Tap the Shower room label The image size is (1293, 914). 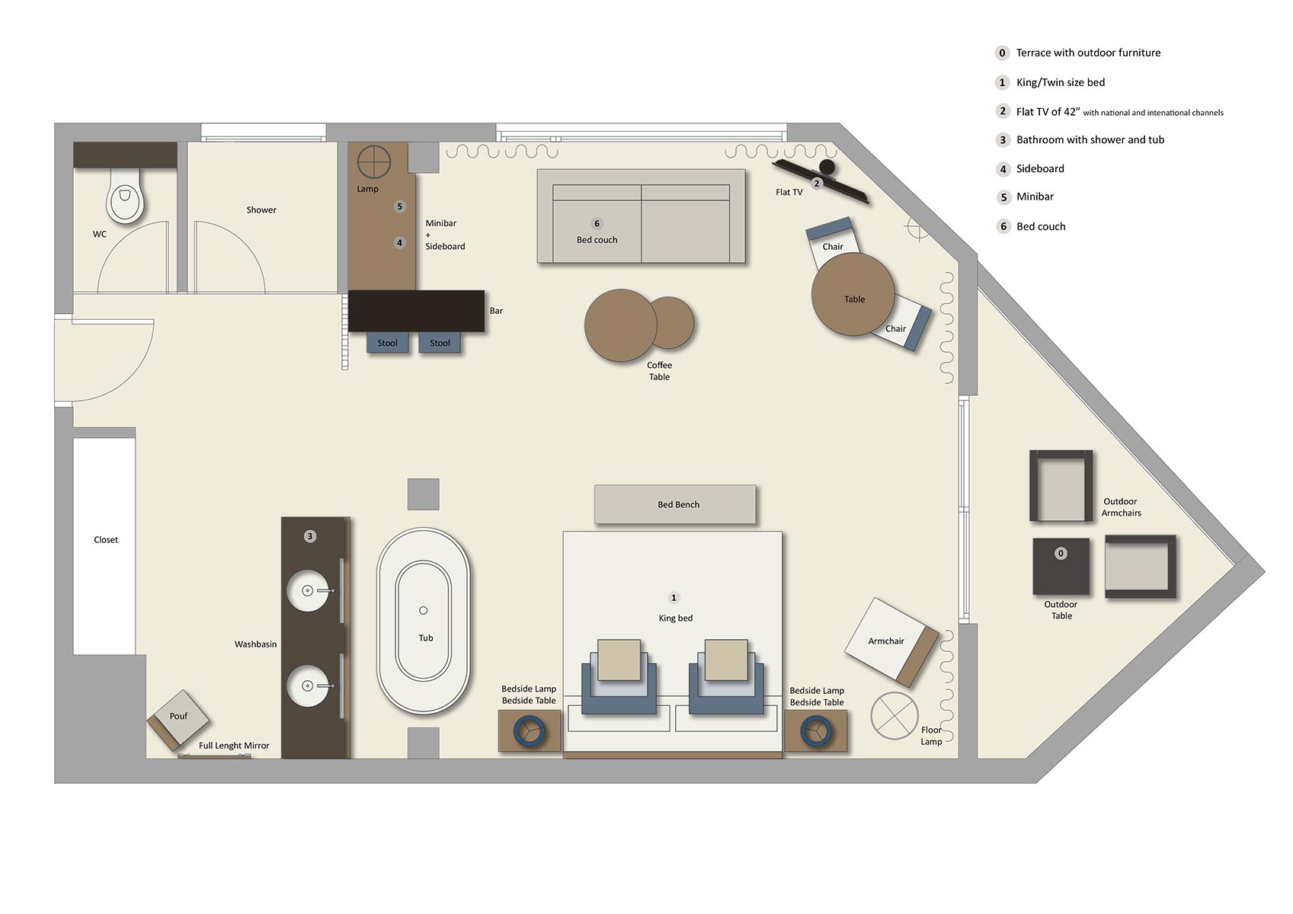click(x=261, y=210)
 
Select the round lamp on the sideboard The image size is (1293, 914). click(x=373, y=162)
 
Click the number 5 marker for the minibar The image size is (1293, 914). click(x=399, y=206)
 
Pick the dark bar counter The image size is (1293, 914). click(x=416, y=311)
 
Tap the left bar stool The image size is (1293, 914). click(x=387, y=343)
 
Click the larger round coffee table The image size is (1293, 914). click(x=620, y=325)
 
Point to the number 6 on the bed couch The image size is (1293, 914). click(x=597, y=223)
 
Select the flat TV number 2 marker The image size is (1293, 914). click(x=817, y=184)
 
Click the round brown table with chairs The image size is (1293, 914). click(x=853, y=295)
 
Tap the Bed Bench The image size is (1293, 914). click(x=676, y=504)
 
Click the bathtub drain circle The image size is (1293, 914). click(x=424, y=610)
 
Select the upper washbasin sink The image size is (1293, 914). click(x=308, y=590)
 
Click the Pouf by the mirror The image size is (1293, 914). click(x=179, y=717)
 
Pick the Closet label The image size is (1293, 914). click(x=106, y=540)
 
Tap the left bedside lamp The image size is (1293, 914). click(x=529, y=732)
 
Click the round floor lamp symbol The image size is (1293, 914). click(x=895, y=715)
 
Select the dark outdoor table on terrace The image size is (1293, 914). click(x=1061, y=567)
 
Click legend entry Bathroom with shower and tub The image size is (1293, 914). click(x=1090, y=140)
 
